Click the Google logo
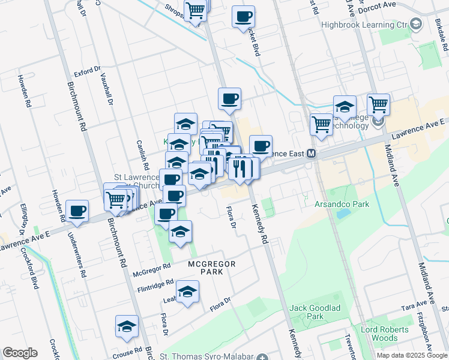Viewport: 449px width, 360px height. (x=20, y=353)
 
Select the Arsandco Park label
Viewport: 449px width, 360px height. (x=342, y=204)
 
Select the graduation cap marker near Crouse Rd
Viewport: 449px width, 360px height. (x=127, y=326)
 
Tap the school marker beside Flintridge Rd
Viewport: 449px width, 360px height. (x=188, y=292)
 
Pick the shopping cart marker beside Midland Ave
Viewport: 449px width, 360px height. (x=379, y=104)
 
